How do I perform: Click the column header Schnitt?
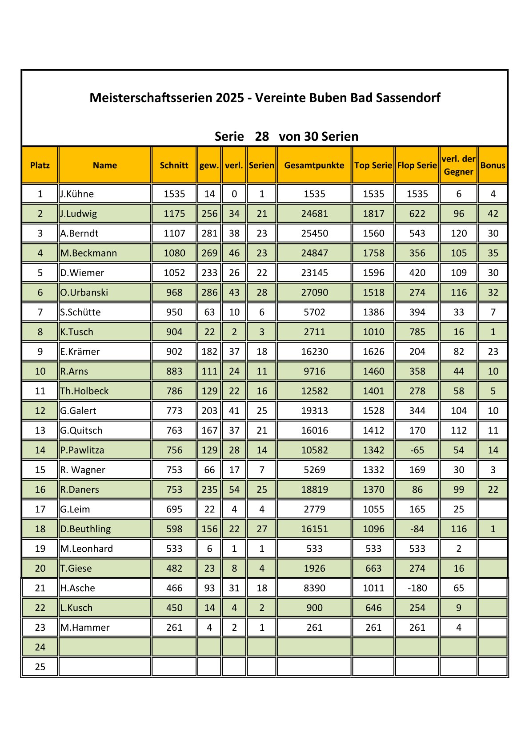click(x=174, y=165)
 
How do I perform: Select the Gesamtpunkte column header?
click(x=314, y=165)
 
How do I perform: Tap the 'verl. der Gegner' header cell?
click(x=458, y=165)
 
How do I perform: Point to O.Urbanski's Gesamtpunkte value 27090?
click(x=314, y=292)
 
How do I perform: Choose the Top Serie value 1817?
click(x=373, y=213)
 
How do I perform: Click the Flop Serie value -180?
click(x=417, y=588)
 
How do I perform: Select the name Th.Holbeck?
click(x=84, y=391)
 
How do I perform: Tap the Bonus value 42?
click(x=493, y=213)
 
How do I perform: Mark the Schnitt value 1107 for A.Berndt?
click(x=174, y=233)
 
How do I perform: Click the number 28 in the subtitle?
click(x=262, y=136)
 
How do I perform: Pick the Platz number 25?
click(x=40, y=667)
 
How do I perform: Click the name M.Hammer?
click(x=85, y=628)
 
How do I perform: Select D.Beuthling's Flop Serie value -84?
click(x=417, y=529)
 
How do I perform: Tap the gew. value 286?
click(x=209, y=292)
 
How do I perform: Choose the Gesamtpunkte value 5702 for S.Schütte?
click(x=314, y=312)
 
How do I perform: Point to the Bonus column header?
click(x=493, y=165)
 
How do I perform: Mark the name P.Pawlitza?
click(x=82, y=450)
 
